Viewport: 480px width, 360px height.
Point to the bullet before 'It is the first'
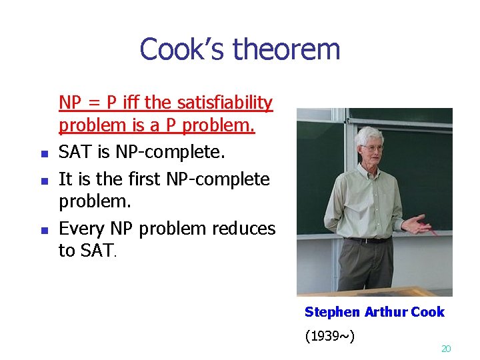[x=43, y=181]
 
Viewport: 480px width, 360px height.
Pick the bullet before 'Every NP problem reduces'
[x=43, y=230]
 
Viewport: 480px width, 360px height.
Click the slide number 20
[x=447, y=349]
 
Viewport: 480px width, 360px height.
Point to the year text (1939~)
[x=329, y=335]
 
